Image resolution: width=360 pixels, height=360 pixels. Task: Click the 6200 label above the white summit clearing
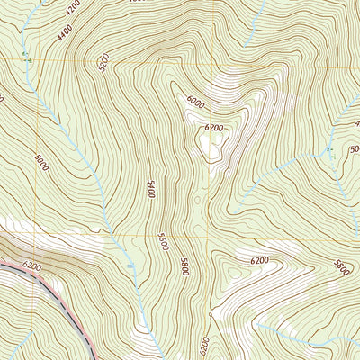[x=213, y=129]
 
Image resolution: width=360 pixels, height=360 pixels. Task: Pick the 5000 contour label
[x=41, y=166]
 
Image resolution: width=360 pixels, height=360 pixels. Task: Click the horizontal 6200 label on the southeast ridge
[x=260, y=260]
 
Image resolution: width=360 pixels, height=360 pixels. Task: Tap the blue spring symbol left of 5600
[x=133, y=265]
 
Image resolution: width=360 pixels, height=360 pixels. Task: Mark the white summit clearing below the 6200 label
[x=213, y=148]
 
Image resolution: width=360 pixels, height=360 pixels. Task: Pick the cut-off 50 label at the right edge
[x=354, y=148]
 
